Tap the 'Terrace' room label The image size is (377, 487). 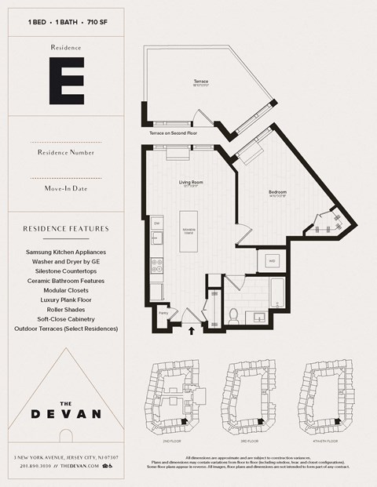pos(200,82)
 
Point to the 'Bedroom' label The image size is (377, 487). pos(276,192)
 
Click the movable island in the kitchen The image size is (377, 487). pos(189,230)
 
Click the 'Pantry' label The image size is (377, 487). pos(164,313)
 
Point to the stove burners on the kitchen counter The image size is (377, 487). pos(156,264)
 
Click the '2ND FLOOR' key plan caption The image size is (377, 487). pos(174,429)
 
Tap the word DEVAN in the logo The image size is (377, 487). pos(66,413)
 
